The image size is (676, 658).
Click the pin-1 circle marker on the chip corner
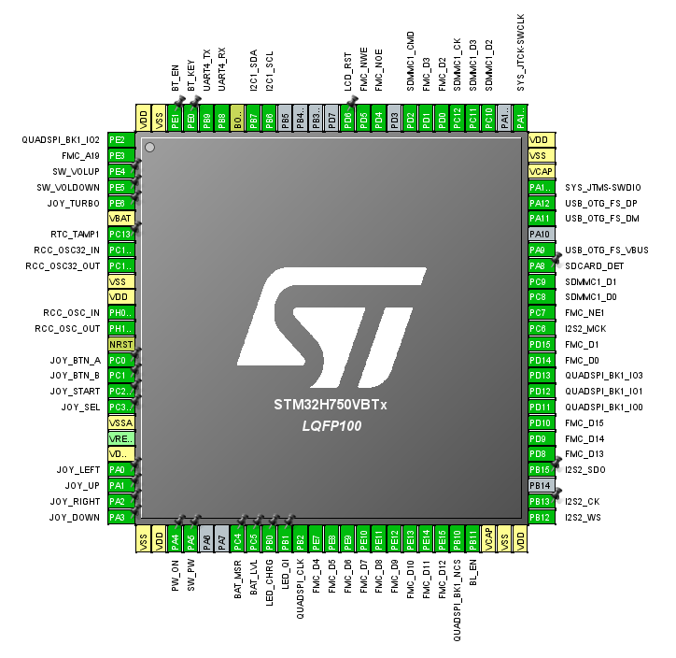click(x=149, y=148)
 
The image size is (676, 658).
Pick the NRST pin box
click(x=121, y=344)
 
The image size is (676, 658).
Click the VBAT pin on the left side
click(x=121, y=218)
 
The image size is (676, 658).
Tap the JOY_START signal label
click(x=75, y=391)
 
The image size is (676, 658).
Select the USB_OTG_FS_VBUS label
click(x=606, y=250)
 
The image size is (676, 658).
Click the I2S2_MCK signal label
click(x=586, y=328)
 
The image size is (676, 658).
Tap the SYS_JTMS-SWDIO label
click(x=602, y=187)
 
